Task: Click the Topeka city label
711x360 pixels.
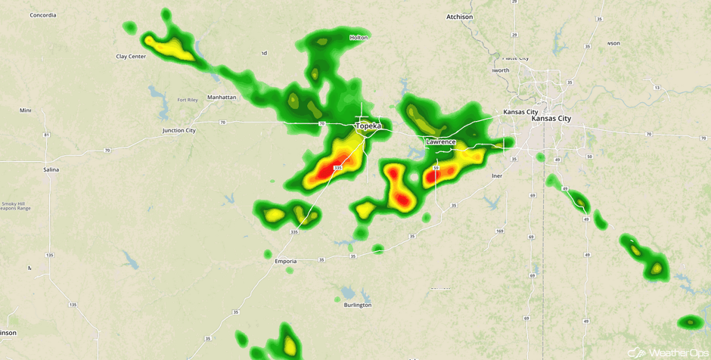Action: [368, 126]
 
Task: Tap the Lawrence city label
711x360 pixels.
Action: [441, 141]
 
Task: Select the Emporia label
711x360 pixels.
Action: [285, 261]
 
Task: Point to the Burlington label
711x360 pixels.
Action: [357, 305]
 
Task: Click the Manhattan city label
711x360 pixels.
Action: [222, 97]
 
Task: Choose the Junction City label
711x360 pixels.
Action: [179, 130]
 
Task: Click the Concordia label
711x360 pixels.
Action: [43, 14]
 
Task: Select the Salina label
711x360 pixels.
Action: [51, 169]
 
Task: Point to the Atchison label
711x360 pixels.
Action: [459, 17]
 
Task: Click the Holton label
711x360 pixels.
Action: [359, 37]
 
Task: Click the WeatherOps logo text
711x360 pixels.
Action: [678, 352]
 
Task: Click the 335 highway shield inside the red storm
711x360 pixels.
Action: [337, 167]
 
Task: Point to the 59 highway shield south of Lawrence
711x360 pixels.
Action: [436, 168]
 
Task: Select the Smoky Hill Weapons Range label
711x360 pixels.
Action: [15, 206]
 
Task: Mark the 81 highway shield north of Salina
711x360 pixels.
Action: [47, 135]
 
